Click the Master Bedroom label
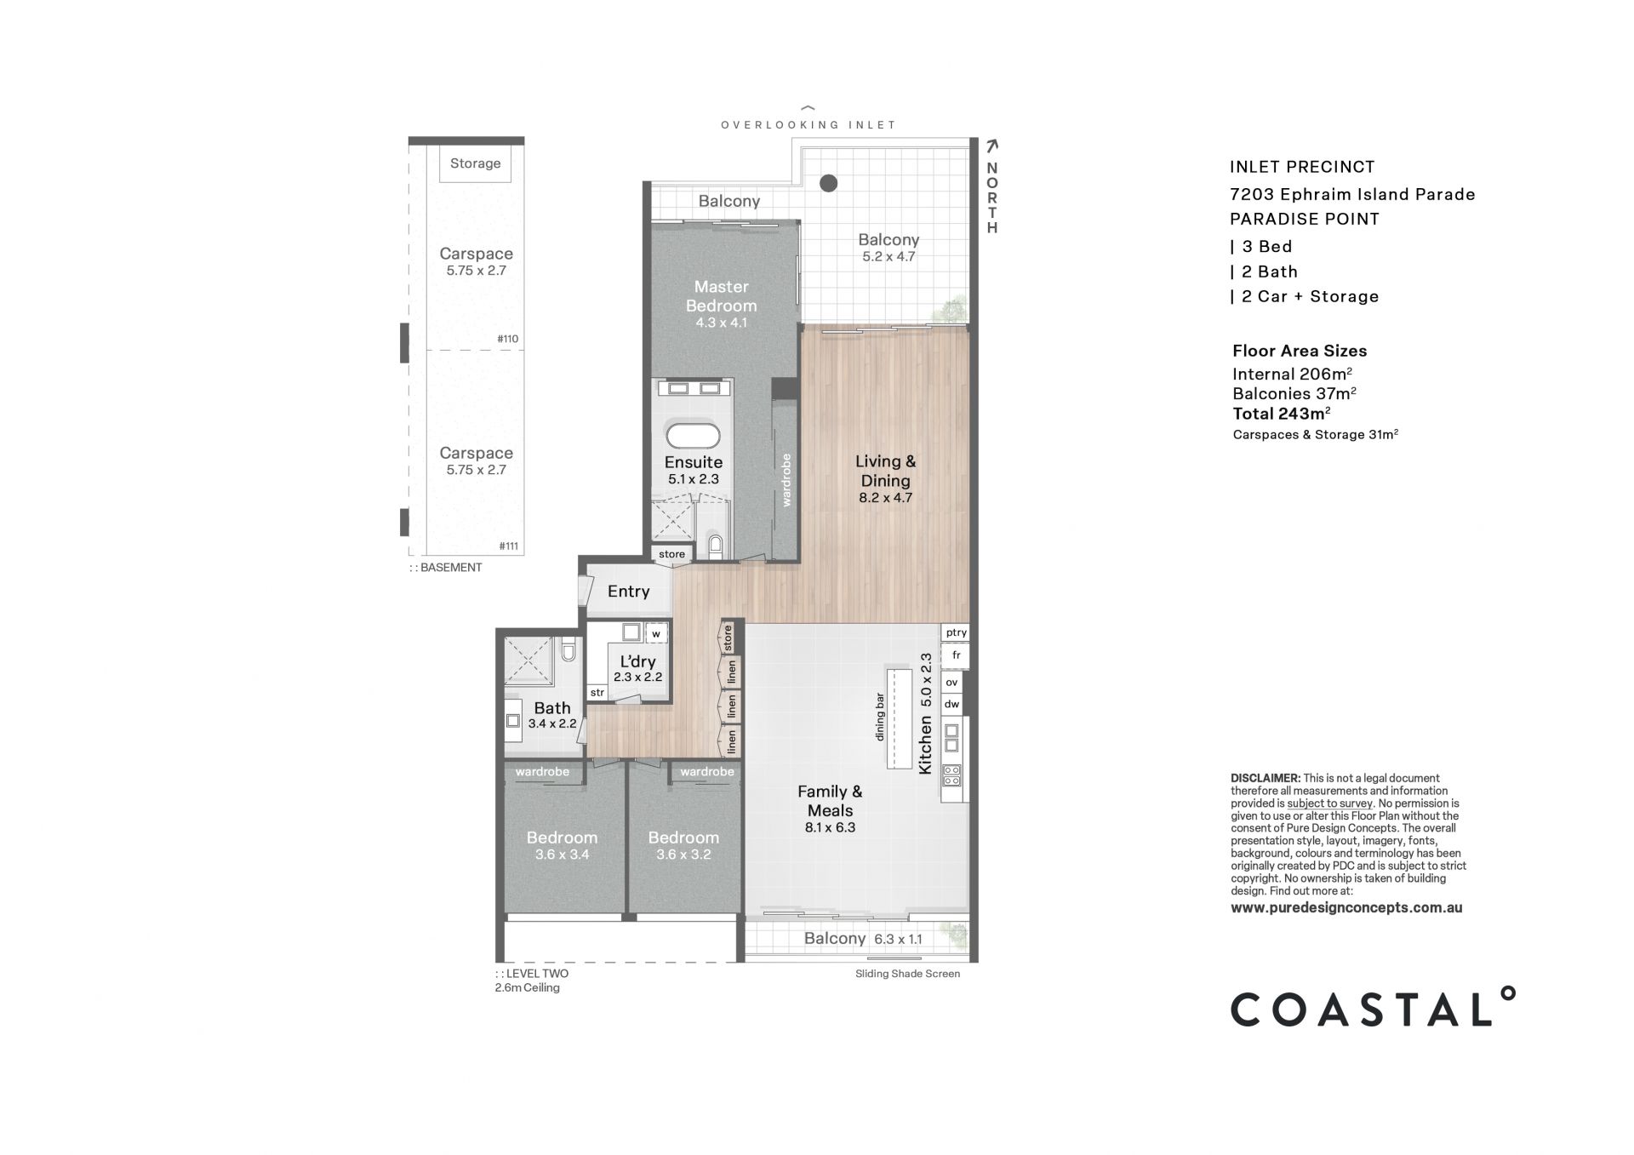(721, 296)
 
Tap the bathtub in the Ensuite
(693, 436)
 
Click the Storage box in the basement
(475, 163)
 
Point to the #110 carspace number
(507, 339)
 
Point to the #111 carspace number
(508, 546)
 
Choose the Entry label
(628, 592)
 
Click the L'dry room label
(637, 661)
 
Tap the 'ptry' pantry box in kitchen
(956, 632)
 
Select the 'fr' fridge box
(956, 655)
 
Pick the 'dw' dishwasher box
(951, 704)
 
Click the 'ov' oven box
(951, 683)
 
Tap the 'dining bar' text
(880, 718)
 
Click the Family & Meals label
(830, 801)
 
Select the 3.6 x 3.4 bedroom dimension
(562, 855)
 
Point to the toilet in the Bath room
(569, 651)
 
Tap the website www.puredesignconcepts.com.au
(1346, 907)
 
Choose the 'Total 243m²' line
(1282, 414)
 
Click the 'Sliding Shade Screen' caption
(907, 974)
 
